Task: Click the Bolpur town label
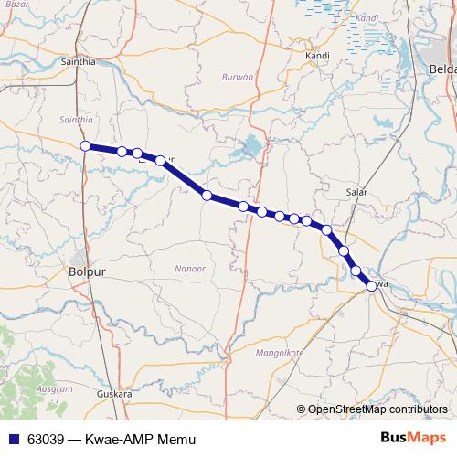(x=88, y=271)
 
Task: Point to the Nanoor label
(x=189, y=268)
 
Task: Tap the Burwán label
(x=237, y=79)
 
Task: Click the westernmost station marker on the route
(x=85, y=146)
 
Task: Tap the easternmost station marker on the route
(x=371, y=286)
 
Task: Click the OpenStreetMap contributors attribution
(x=377, y=409)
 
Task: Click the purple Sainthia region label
(x=76, y=120)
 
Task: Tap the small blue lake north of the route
(x=250, y=144)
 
